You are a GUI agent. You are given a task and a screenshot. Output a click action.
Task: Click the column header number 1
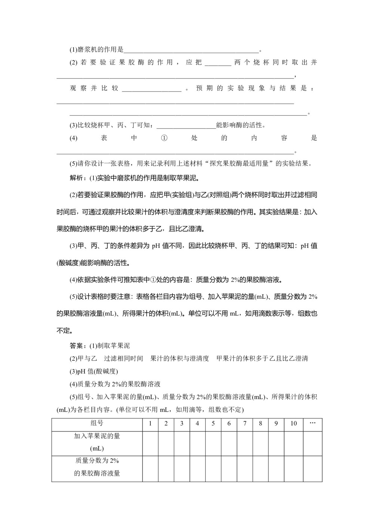(150, 423)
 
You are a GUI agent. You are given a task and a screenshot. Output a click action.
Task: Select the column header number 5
(213, 423)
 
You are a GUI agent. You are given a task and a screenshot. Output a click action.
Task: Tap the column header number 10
(294, 423)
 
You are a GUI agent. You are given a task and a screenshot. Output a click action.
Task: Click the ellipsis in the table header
(313, 423)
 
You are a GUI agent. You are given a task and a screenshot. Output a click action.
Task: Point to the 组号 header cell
(97, 423)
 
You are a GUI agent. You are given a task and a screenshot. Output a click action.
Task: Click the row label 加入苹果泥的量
(97, 436)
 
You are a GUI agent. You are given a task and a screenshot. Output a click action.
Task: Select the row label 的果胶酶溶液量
(97, 473)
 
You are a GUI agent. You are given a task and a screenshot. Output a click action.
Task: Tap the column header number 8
(260, 423)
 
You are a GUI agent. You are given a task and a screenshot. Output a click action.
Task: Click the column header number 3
(182, 423)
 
